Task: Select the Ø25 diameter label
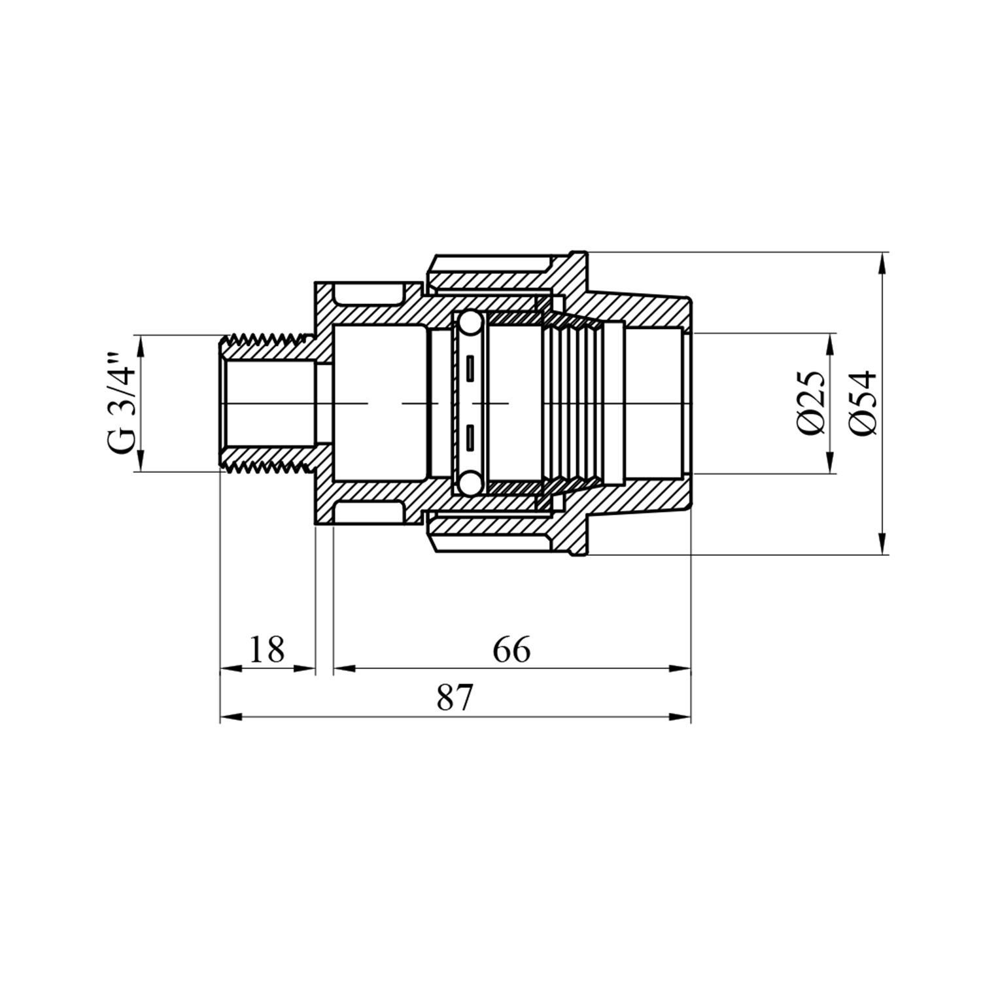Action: (811, 403)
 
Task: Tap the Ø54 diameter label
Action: (863, 403)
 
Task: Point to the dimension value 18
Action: (267, 649)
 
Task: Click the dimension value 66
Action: (511, 649)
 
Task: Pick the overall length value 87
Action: (455, 698)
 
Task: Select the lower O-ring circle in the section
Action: (470, 483)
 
